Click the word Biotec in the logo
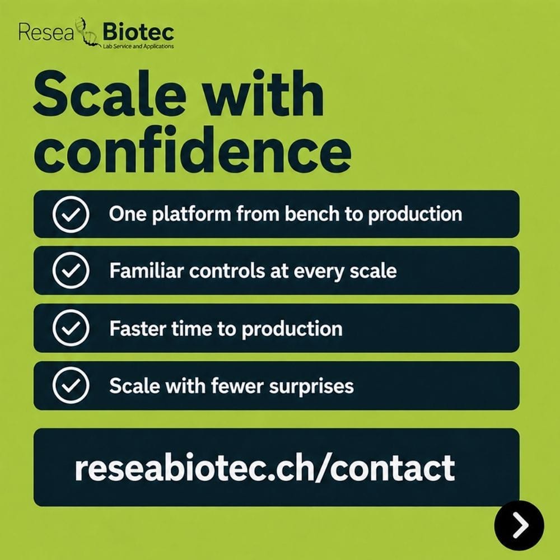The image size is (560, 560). [138, 32]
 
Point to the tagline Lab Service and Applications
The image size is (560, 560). [138, 46]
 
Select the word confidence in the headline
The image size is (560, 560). [193, 150]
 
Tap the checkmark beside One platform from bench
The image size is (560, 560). [71, 214]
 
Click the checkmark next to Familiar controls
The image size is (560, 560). [71, 270]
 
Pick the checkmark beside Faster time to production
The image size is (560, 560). [71, 328]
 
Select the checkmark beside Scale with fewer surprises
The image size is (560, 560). [71, 385]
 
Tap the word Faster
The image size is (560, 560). [138, 328]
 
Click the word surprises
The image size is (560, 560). [311, 386]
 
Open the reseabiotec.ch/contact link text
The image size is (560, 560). [265, 468]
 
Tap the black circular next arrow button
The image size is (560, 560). [519, 525]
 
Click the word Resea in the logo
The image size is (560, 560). [46, 32]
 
